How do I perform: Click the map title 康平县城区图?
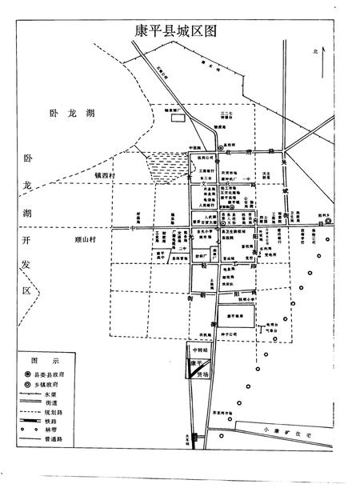click(179, 30)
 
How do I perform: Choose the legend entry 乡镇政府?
click(63, 384)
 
